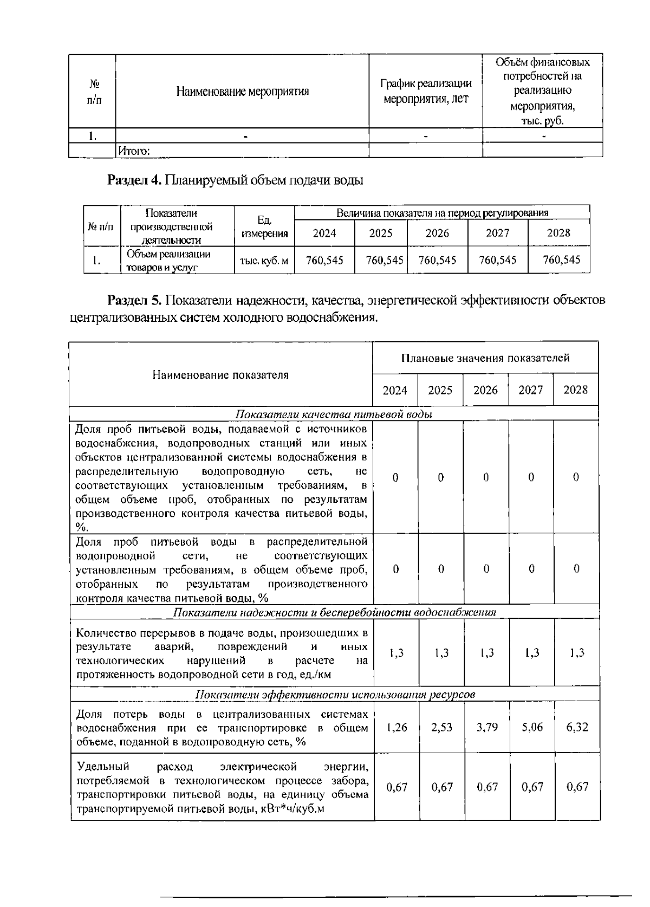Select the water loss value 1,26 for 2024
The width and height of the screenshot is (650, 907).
tap(397, 728)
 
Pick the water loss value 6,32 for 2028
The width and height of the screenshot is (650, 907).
tap(577, 727)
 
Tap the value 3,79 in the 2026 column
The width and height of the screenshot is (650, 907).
tap(487, 728)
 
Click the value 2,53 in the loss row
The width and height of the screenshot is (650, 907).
tap(441, 728)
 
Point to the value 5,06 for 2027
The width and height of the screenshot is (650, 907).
tap(532, 727)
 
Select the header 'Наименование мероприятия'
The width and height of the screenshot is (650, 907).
tap(242, 91)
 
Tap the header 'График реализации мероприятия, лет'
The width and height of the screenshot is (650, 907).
tap(426, 91)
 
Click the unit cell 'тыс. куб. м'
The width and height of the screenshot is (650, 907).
tap(264, 261)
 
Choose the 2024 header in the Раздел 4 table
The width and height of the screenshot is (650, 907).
tap(324, 233)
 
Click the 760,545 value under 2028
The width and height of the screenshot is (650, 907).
tap(561, 260)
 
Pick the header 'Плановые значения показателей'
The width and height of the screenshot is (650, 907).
tap(485, 358)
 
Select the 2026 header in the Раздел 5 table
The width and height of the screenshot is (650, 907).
tap(485, 390)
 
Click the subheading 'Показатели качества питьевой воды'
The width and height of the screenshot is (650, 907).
tap(334, 414)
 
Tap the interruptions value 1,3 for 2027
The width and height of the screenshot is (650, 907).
tap(532, 653)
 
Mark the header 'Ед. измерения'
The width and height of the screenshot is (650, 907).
tap(264, 227)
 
